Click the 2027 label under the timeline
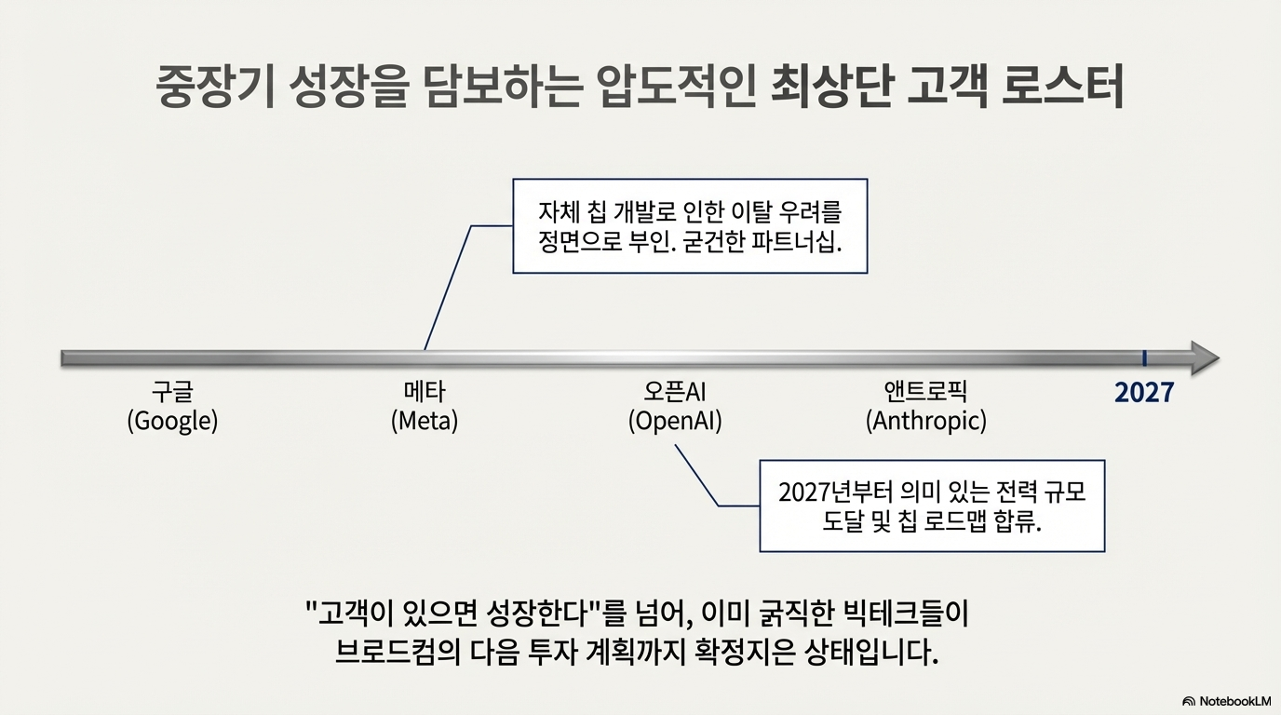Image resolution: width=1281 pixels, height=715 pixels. click(1144, 392)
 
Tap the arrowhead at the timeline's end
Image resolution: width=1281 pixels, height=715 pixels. click(1205, 358)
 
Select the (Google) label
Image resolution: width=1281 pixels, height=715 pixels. click(172, 421)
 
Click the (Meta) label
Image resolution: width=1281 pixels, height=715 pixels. click(425, 421)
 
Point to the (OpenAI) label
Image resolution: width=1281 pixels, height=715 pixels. click(675, 421)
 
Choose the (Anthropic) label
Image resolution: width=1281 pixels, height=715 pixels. click(926, 421)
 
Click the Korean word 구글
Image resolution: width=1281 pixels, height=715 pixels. click(172, 392)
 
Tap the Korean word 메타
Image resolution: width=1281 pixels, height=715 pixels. click(425, 392)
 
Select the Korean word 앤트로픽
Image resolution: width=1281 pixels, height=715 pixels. click(926, 392)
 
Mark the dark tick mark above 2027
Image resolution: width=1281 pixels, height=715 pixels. click(1144, 358)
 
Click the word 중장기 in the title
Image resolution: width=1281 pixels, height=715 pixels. click(216, 87)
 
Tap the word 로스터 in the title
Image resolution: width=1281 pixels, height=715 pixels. click(1062, 87)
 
